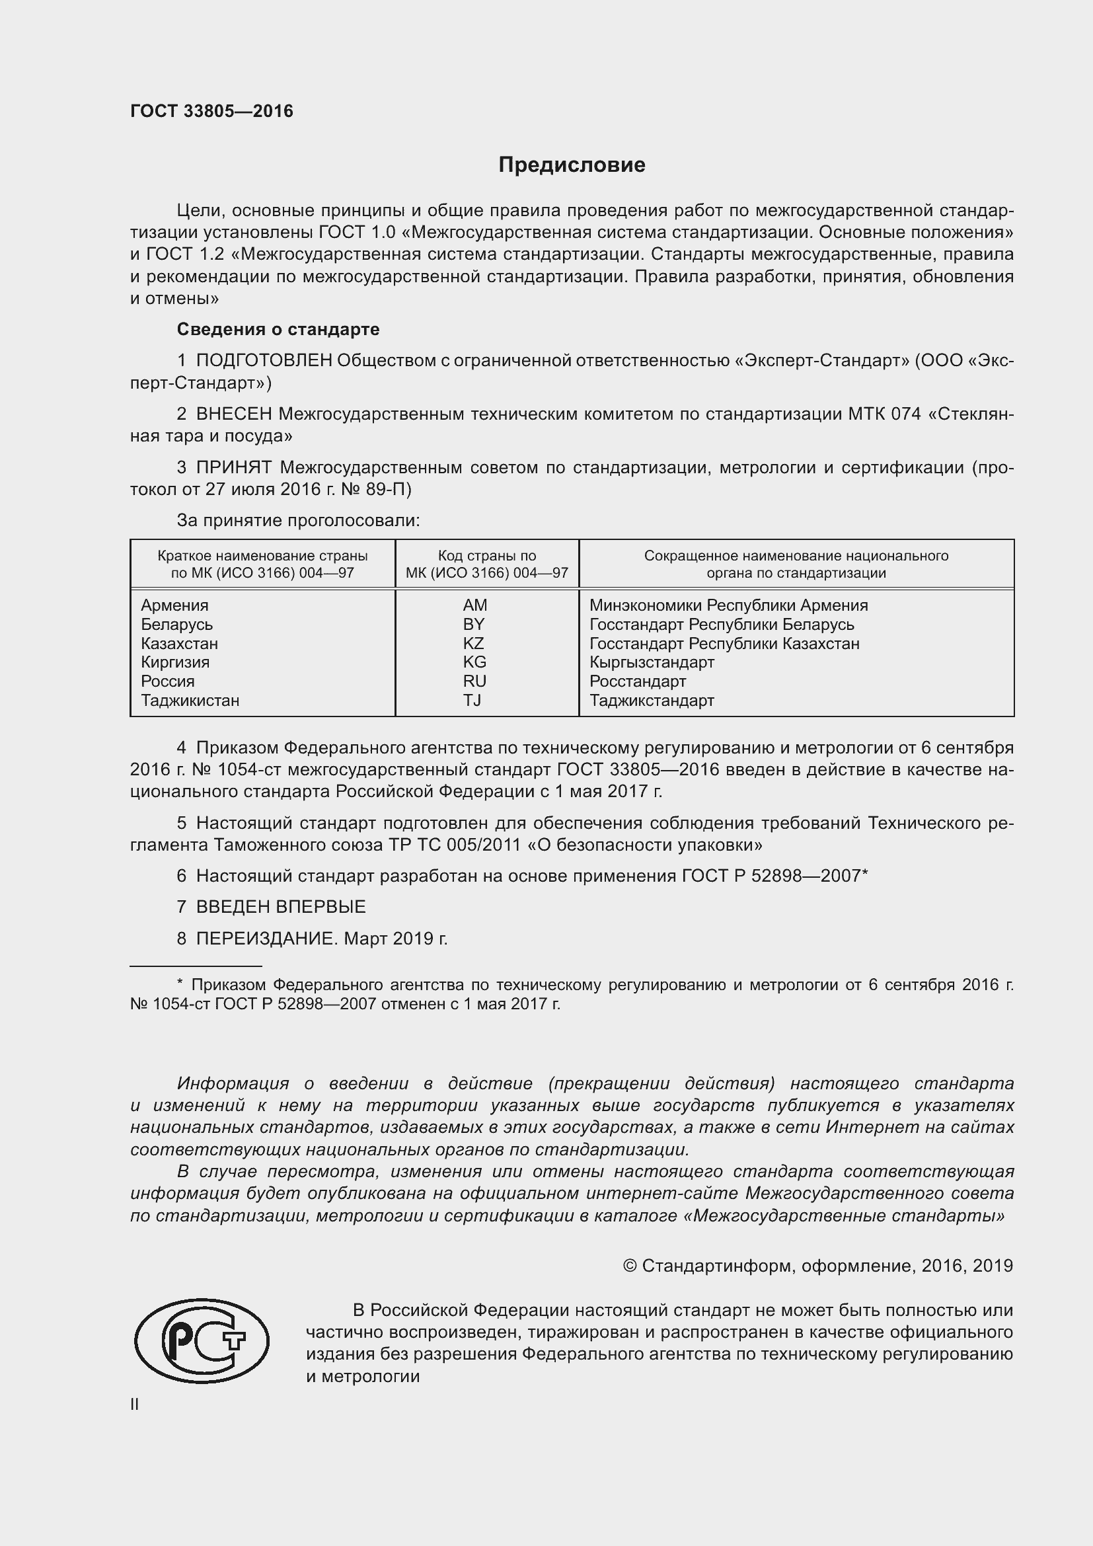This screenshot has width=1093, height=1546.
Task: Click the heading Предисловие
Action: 572,165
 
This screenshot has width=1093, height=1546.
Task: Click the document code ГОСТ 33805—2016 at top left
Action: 211,111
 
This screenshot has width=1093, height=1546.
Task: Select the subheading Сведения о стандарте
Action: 278,329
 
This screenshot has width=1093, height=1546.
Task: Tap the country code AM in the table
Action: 474,605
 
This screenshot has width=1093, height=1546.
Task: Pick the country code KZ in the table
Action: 473,643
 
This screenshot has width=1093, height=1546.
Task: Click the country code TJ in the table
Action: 472,700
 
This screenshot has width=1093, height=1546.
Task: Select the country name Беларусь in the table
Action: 176,624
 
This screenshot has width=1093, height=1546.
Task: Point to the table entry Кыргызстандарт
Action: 652,662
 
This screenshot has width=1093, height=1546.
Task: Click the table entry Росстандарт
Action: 637,681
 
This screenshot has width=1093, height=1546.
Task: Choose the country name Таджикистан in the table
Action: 190,700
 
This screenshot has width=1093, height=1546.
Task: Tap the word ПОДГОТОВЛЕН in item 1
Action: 264,361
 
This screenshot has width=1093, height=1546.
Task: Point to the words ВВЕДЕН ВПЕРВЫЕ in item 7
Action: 281,906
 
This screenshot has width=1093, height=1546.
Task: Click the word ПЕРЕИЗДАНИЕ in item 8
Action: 265,938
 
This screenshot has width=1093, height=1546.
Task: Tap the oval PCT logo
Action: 202,1340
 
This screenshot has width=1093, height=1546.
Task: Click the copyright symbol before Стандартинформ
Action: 630,1266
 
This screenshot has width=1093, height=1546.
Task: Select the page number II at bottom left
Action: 135,1405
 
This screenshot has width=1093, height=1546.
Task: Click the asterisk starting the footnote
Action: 180,984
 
